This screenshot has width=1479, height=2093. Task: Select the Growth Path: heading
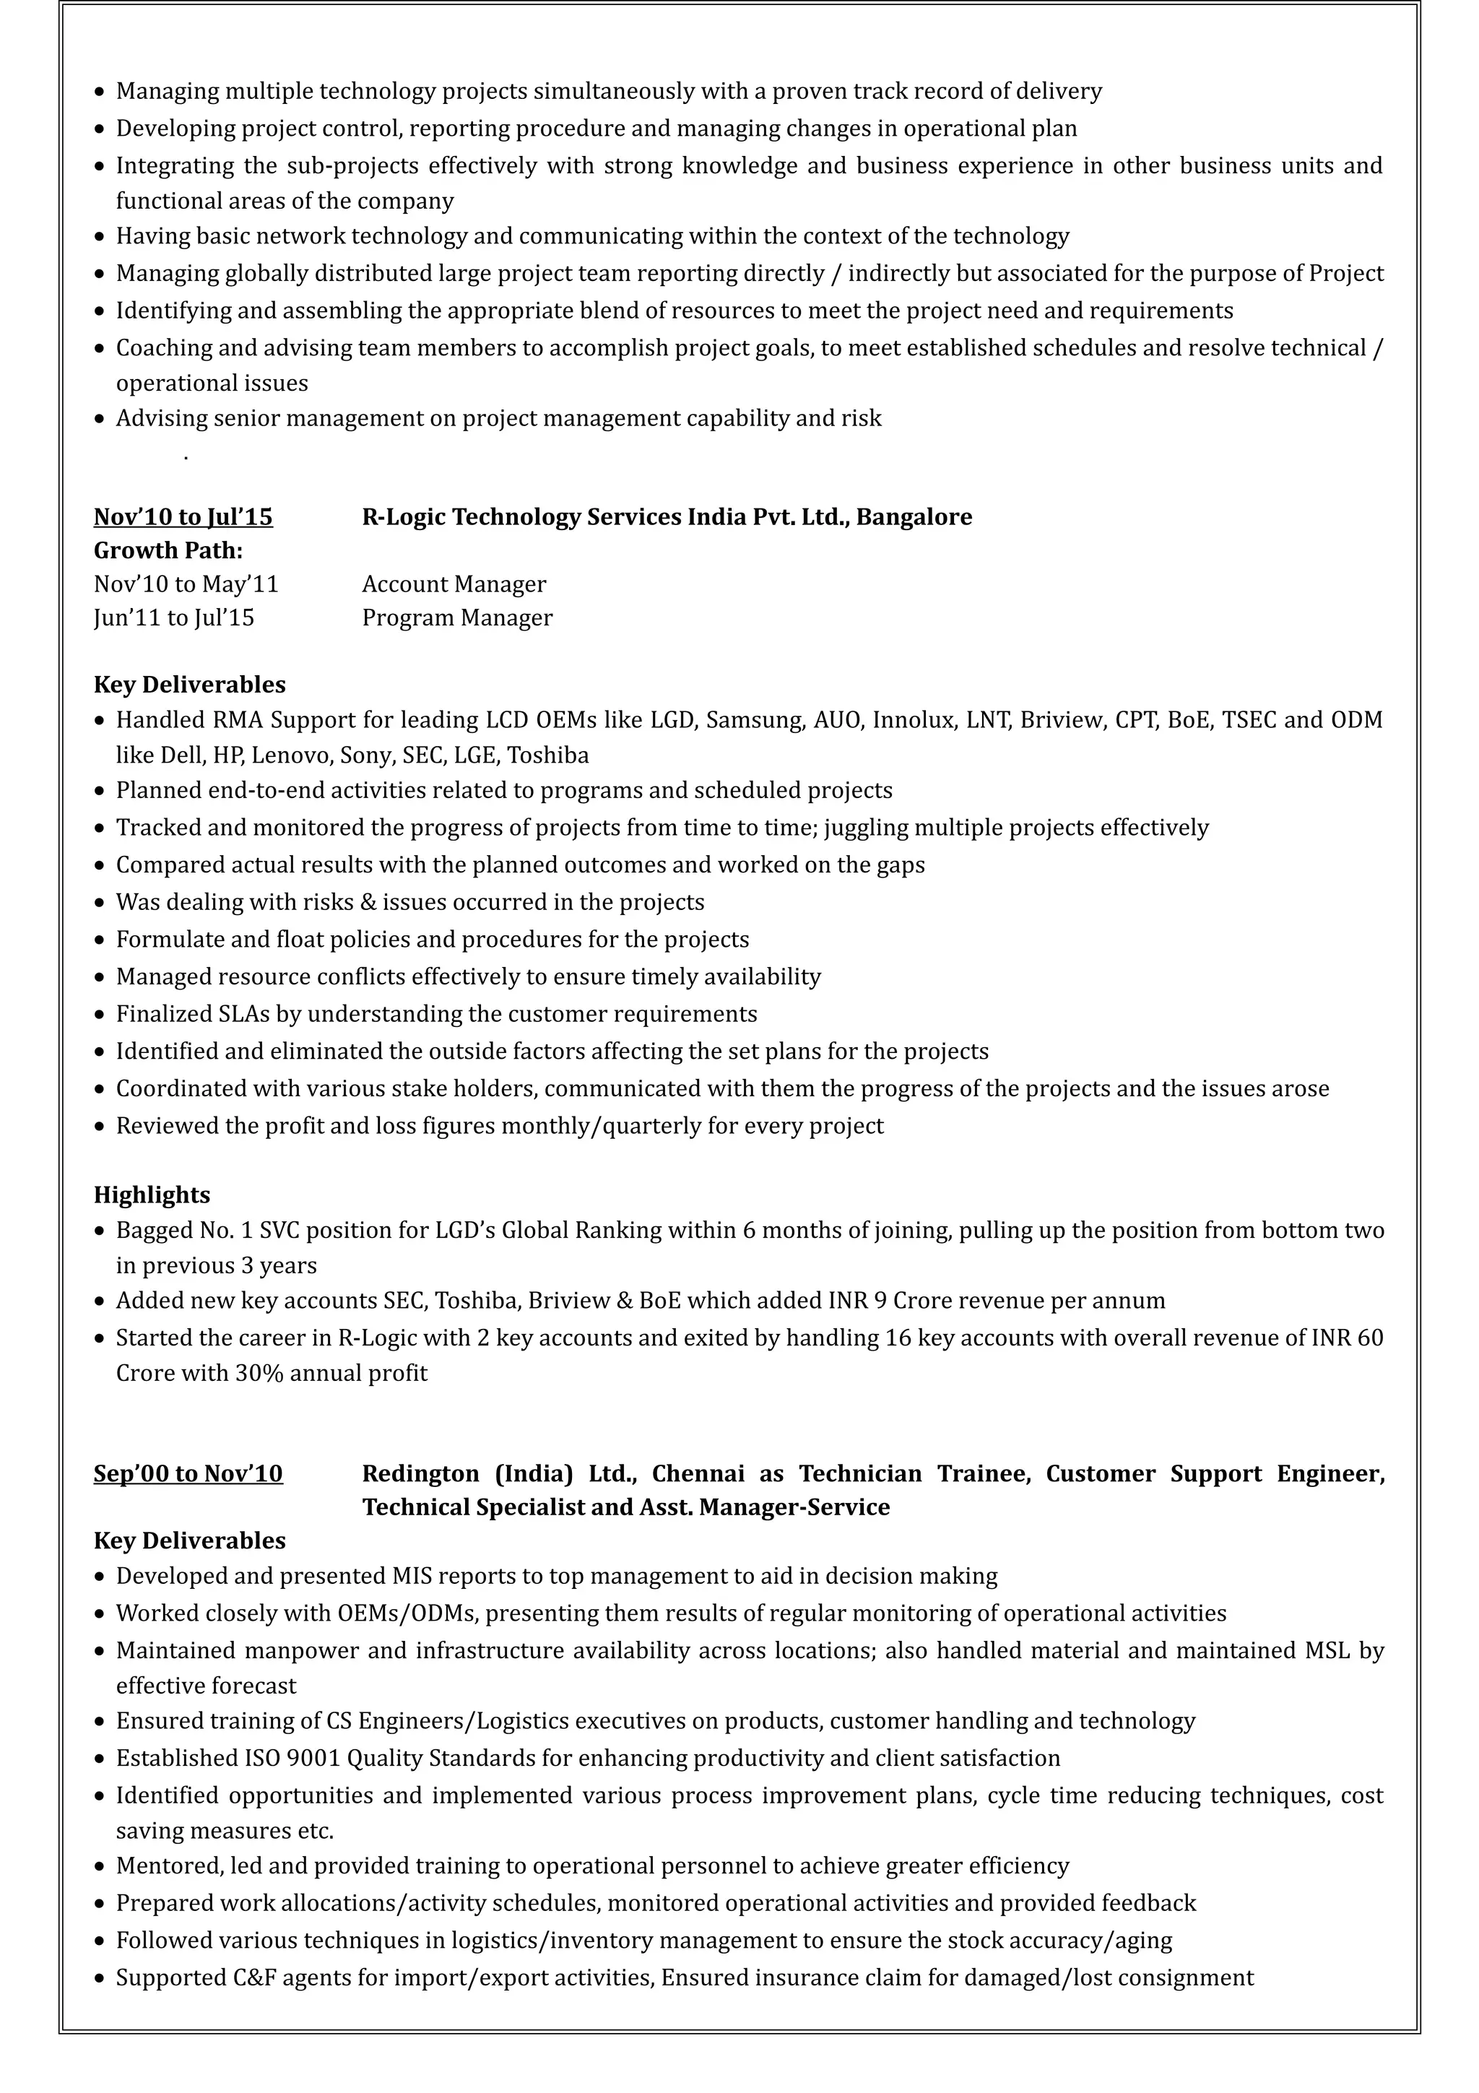click(168, 550)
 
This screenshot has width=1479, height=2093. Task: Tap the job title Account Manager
click(454, 584)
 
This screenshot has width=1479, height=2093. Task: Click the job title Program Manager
click(456, 618)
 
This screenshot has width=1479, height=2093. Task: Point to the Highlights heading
click(151, 1195)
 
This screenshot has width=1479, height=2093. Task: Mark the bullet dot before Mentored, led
click(100, 1867)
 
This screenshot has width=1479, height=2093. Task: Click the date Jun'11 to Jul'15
click(174, 618)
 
